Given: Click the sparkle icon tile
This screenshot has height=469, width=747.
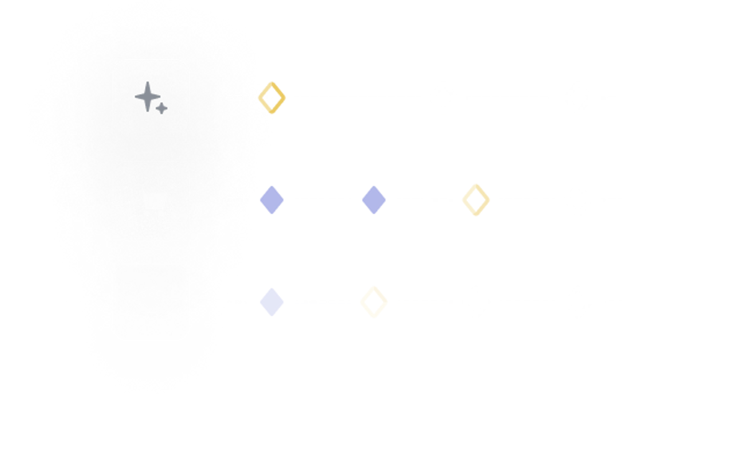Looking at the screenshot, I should coord(151,98).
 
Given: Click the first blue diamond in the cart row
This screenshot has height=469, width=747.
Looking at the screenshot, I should coord(271,200).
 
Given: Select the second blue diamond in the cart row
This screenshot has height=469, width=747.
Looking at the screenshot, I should coord(374,200).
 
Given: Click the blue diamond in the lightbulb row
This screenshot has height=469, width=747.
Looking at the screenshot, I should coord(271,302).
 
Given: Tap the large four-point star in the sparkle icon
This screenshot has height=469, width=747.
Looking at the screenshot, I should coord(147,97).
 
